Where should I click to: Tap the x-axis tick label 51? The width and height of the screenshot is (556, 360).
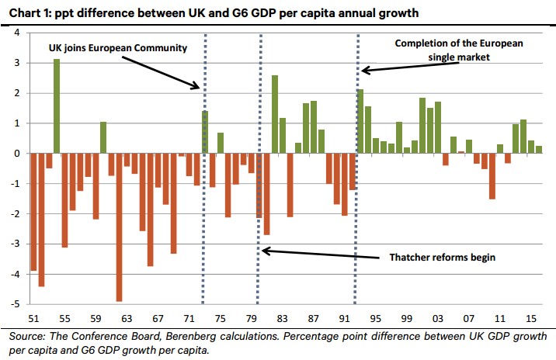[33, 318]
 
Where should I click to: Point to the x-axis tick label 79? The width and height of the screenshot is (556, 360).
[251, 318]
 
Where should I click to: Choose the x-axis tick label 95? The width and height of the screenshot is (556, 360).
[375, 318]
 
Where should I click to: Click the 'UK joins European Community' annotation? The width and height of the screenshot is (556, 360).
[117, 47]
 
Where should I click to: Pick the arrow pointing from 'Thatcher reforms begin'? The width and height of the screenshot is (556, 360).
[318, 253]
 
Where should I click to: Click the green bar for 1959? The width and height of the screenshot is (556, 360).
[103, 137]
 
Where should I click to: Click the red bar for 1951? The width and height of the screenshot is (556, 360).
[33, 212]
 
